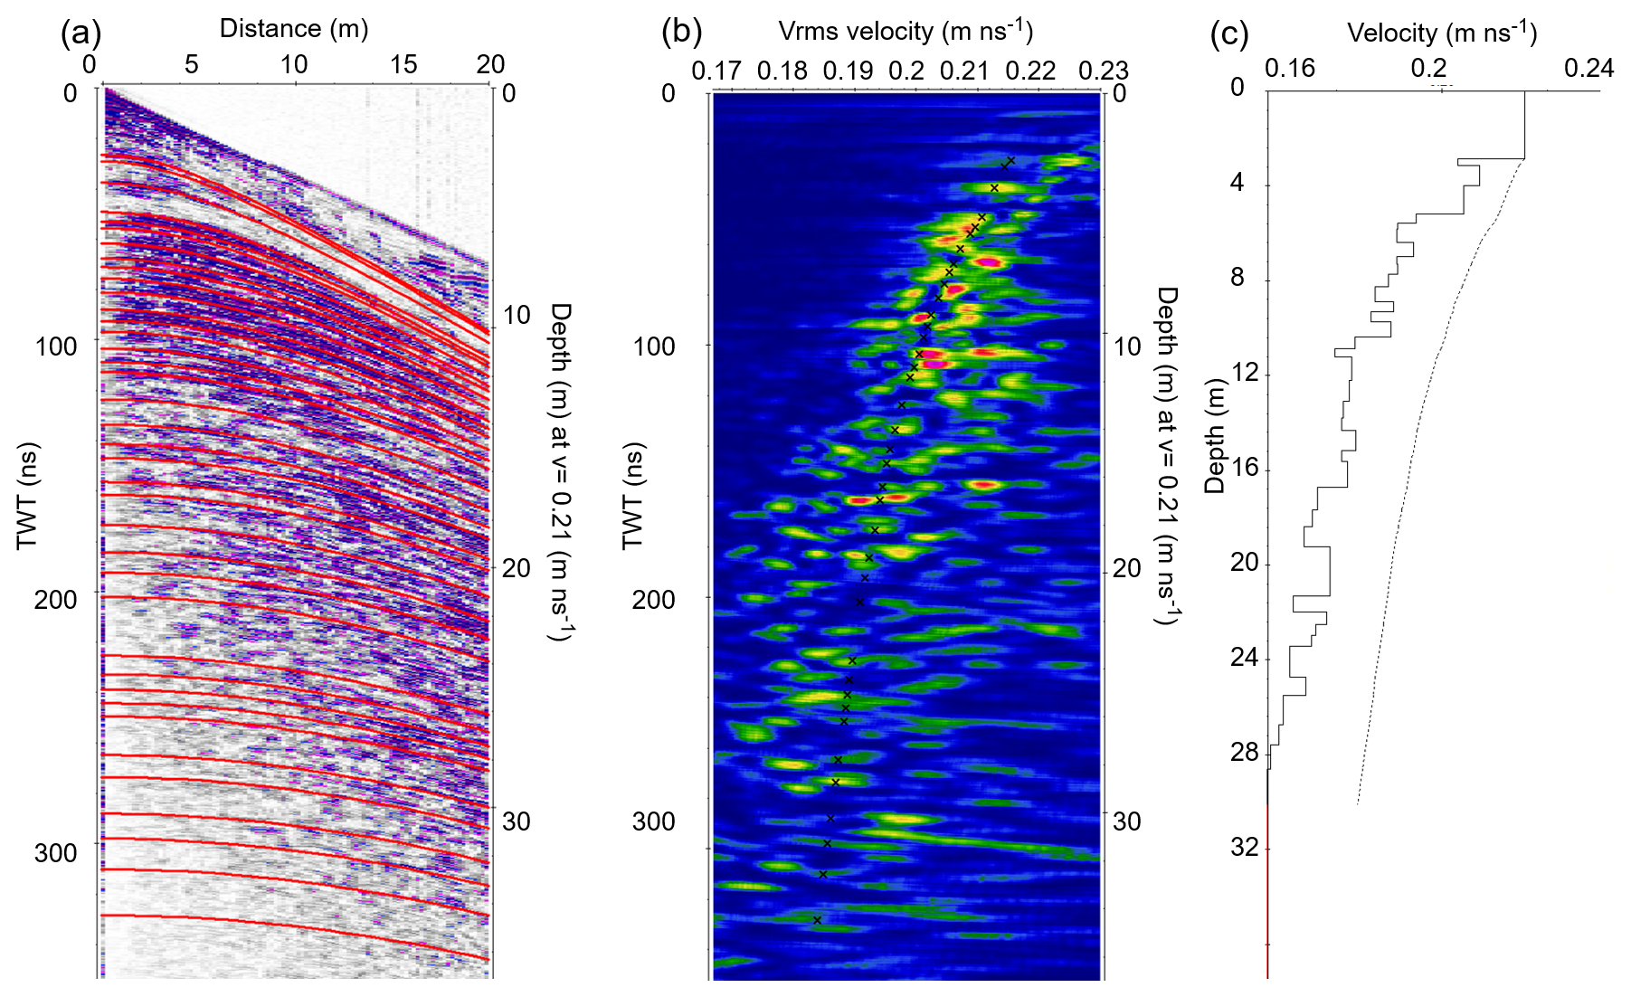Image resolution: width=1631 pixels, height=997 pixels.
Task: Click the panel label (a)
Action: click(81, 33)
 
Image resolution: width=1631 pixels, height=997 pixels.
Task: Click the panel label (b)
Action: click(682, 33)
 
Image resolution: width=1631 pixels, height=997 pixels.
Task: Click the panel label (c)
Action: click(1229, 34)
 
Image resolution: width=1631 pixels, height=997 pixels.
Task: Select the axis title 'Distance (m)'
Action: click(294, 29)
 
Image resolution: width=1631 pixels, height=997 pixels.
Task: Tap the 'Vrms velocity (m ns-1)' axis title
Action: click(906, 32)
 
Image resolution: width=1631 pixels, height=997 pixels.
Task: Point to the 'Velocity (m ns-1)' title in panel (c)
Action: click(1442, 33)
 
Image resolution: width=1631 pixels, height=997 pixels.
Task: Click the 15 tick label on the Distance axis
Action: click(403, 64)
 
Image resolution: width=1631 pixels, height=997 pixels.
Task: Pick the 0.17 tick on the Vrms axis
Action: click(716, 71)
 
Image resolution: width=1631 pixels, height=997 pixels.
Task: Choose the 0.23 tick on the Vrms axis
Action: click(1104, 71)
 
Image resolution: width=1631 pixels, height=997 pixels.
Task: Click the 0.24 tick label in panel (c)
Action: click(1589, 69)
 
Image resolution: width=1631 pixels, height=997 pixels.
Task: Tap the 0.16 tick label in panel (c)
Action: click(1290, 69)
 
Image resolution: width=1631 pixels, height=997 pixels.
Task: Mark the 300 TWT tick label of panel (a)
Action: click(56, 852)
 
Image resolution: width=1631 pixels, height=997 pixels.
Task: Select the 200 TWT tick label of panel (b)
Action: click(654, 599)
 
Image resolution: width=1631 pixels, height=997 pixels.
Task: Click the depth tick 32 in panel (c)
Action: click(1245, 847)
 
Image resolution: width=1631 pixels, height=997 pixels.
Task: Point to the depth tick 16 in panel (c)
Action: click(1245, 468)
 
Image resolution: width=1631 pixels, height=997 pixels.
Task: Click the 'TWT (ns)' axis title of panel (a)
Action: click(28, 496)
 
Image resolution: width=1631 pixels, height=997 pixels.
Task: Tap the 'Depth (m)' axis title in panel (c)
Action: click(1215, 436)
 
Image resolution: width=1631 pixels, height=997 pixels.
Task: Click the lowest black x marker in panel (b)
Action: click(817, 920)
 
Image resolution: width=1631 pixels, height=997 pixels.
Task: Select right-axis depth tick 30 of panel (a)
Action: click(517, 821)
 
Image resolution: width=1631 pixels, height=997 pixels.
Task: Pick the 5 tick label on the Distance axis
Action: click(191, 64)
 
